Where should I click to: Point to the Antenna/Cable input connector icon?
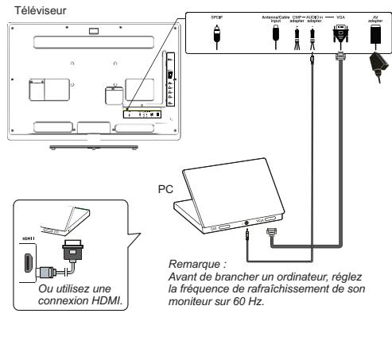click(x=275, y=37)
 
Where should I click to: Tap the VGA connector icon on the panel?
click(x=341, y=37)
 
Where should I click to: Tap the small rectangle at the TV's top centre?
click(x=95, y=32)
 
